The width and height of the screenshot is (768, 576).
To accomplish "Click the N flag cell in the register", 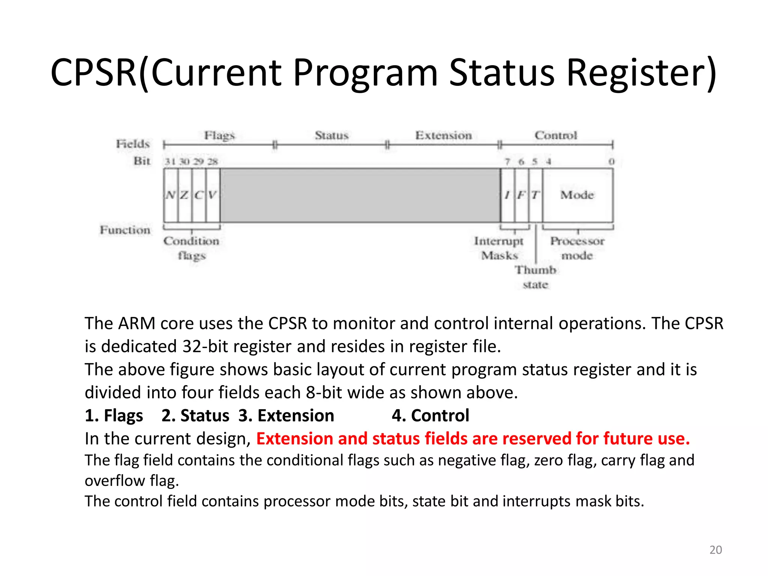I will [171, 195].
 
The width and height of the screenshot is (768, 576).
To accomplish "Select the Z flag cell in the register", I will [184, 195].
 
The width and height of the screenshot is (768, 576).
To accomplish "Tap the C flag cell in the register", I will [199, 195].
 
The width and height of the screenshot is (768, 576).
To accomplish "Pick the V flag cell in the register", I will [213, 195].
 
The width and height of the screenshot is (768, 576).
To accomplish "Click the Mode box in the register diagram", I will [577, 195].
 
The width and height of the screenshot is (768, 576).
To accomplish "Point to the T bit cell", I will [535, 195].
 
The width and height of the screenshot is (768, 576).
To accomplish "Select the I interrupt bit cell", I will [508, 195].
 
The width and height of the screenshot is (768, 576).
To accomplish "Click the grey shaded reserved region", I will [360, 195].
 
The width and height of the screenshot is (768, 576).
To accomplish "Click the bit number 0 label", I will [611, 162].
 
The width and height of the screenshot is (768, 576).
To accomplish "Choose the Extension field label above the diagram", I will [443, 135].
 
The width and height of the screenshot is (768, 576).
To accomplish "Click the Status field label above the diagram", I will [331, 135].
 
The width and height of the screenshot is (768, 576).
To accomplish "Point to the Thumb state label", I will [535, 277].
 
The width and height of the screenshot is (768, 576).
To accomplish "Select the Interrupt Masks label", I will [499, 248].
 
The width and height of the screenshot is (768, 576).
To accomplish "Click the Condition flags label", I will [191, 248].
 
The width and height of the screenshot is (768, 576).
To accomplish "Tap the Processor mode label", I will [577, 248].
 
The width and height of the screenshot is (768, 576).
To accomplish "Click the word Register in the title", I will [641, 73].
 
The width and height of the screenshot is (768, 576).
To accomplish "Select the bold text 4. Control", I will [430, 415].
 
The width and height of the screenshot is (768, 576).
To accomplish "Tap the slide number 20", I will [715, 550].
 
